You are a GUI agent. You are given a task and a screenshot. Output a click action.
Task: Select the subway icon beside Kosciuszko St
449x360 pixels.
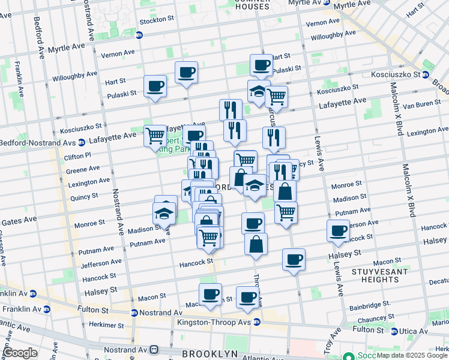pos(425,75)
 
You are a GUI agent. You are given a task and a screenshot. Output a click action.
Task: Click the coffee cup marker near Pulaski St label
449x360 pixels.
pos(155,86)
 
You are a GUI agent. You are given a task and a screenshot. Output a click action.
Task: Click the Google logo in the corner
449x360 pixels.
pos(20,353)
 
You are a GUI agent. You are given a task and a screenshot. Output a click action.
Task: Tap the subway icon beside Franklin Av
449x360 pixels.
pos(33,293)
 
